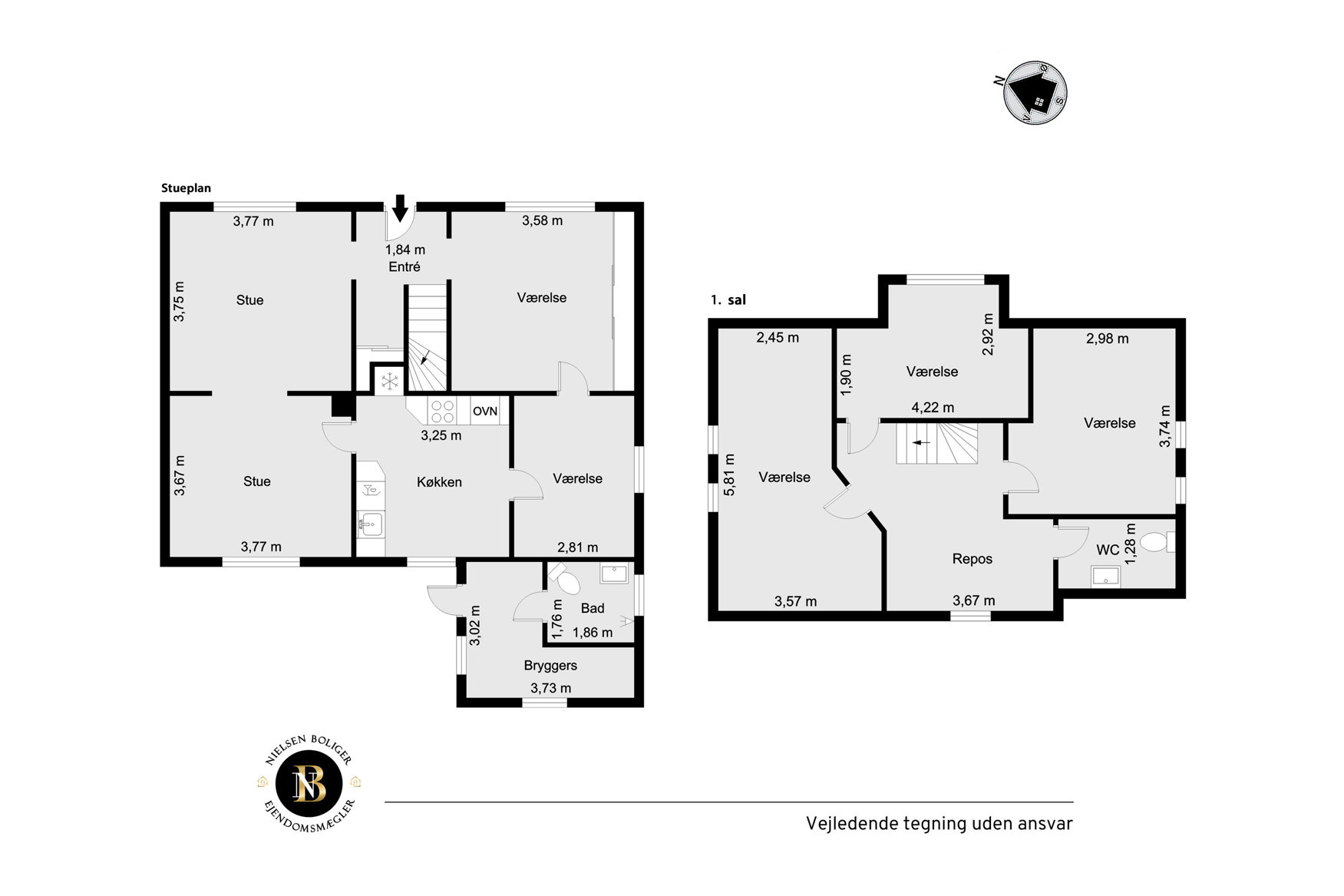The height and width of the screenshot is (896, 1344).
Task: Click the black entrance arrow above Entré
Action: [x=399, y=208]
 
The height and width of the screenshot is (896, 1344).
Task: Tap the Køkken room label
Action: [x=439, y=482]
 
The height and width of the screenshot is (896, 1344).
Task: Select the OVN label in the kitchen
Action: [x=485, y=412]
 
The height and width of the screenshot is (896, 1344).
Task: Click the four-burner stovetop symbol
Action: [x=441, y=411]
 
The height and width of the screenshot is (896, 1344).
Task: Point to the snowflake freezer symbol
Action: [x=390, y=380]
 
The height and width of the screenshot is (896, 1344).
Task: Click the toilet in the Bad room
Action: [x=566, y=578]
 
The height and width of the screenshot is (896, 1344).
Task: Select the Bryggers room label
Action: [x=550, y=666]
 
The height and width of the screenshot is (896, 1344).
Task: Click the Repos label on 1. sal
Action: [x=973, y=559]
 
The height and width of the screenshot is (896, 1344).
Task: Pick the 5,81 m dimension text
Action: [x=729, y=474]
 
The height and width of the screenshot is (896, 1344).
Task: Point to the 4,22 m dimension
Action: [x=933, y=408]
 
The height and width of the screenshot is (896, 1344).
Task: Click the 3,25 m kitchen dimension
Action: [x=441, y=435]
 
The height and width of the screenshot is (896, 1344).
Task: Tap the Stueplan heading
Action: [x=186, y=188]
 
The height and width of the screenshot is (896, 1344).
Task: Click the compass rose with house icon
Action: [x=1035, y=93]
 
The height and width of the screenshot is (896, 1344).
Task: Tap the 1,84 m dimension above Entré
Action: [x=405, y=250]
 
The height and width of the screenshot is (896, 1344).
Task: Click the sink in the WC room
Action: [x=1105, y=576]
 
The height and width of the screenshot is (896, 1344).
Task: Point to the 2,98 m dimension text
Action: [x=1108, y=339]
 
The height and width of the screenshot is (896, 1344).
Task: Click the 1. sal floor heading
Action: [x=728, y=300]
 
